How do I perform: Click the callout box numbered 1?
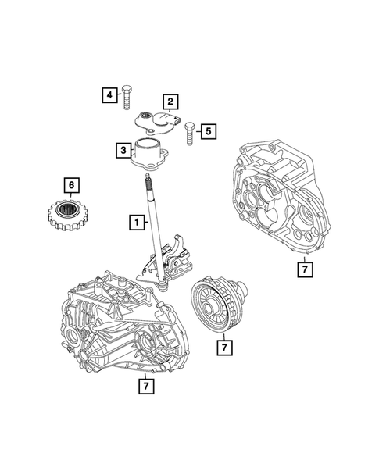click(x=138, y=223)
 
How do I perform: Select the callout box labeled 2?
click(x=169, y=101)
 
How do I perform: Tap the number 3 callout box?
click(x=123, y=149)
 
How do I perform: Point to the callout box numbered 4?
click(x=109, y=94)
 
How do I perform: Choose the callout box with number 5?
click(x=207, y=131)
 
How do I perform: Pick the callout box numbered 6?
click(x=71, y=185)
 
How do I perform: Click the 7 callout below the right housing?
click(x=305, y=269)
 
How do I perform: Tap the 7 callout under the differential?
click(x=223, y=344)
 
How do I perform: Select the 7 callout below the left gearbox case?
click(x=145, y=385)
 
